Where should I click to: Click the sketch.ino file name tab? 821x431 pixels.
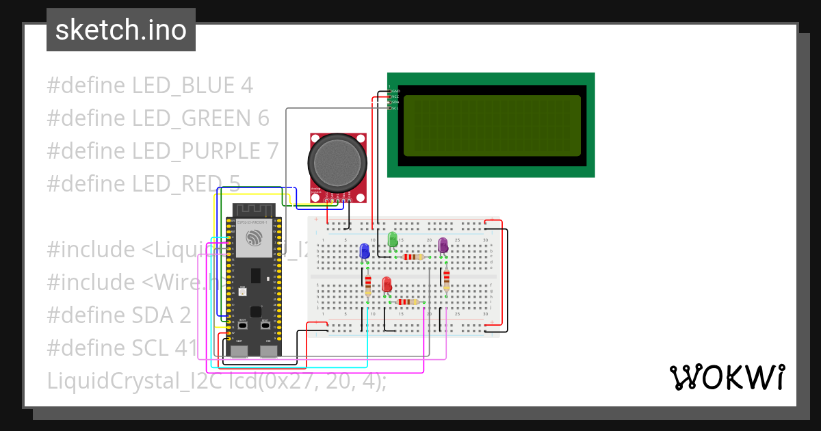[x=121, y=30]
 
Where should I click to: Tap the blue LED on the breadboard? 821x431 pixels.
[x=365, y=251]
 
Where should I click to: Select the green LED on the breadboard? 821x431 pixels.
[x=393, y=239]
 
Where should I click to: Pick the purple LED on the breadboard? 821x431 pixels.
[x=443, y=244]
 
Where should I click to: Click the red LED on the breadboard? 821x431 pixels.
[x=387, y=285]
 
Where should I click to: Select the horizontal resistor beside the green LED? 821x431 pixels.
[x=413, y=257]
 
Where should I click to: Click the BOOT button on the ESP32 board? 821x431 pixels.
[x=242, y=326]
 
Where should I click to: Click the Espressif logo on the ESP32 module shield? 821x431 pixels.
[x=255, y=238]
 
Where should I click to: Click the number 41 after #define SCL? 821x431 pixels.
[x=185, y=348]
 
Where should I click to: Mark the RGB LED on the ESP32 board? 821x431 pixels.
[x=242, y=292]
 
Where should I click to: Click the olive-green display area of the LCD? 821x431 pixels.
[x=491, y=125]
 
